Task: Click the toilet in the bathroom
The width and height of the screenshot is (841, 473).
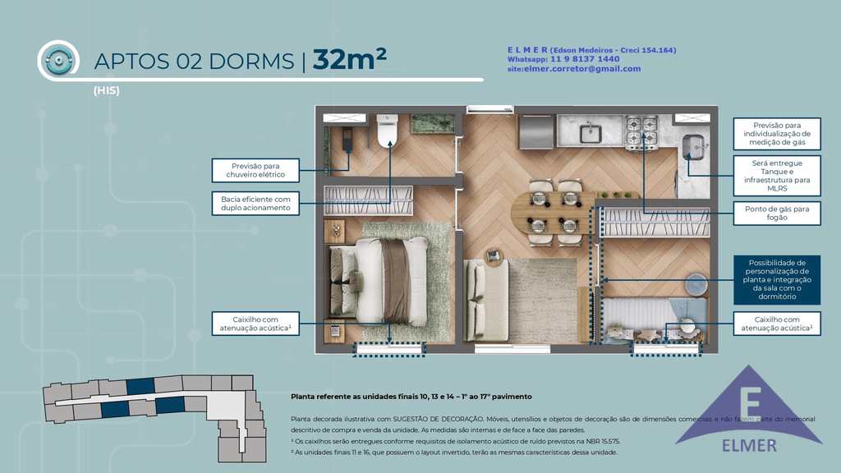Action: tap(387, 131)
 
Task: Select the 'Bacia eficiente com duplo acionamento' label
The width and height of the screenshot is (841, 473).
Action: tap(255, 203)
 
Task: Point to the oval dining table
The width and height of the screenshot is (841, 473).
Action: tap(549, 211)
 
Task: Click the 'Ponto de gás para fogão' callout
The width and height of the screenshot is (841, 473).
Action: tap(776, 214)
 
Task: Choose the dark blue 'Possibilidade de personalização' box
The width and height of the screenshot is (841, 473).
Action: tap(776, 279)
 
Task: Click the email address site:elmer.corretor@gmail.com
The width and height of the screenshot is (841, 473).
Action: tap(573, 69)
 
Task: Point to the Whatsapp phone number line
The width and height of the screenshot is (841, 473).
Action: tap(563, 59)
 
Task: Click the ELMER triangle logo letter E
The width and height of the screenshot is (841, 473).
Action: tap(748, 404)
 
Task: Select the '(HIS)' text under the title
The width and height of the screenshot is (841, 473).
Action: tap(106, 91)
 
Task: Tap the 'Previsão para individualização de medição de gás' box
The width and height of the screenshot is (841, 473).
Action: tap(776, 134)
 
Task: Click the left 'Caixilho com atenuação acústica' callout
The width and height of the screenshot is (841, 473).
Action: tap(255, 323)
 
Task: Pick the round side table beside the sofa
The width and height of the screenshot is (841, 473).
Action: tap(494, 256)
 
